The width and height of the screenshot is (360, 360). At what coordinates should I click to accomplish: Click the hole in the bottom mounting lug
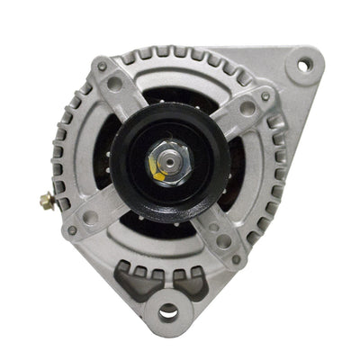point(168,312)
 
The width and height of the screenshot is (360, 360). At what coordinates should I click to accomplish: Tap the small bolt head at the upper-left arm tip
point(102,66)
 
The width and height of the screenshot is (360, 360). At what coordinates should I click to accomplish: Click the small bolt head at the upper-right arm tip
point(265,96)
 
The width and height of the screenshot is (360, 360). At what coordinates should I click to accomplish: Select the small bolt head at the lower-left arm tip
point(72,229)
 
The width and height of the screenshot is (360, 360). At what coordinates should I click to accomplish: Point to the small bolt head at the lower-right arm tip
point(236,259)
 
